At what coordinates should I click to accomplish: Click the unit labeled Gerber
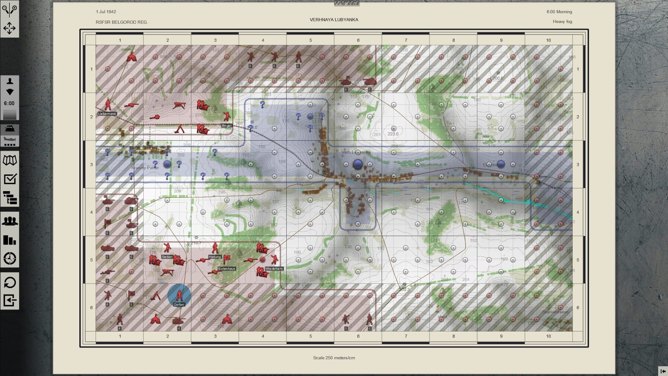179,295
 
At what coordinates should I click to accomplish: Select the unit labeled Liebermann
108,104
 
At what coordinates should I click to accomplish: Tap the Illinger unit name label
226,126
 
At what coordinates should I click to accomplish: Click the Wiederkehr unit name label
274,269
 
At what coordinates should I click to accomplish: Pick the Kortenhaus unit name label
226,269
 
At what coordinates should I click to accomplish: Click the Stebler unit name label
167,257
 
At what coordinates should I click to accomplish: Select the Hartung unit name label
215,257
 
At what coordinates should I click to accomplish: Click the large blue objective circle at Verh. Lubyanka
358,164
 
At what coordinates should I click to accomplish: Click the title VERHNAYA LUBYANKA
334,20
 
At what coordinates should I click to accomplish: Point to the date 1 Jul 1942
106,12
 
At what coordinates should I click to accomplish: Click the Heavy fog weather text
562,22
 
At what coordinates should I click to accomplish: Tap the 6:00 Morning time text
559,12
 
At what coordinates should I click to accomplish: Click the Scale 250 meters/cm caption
334,358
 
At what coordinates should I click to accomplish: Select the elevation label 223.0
393,134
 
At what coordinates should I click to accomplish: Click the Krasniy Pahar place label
145,168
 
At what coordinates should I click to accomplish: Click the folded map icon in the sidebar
10,160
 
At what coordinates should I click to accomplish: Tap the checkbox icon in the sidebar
10,179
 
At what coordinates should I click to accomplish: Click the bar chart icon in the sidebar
10,240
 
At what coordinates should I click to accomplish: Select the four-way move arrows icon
9,28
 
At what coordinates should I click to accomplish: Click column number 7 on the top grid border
406,40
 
